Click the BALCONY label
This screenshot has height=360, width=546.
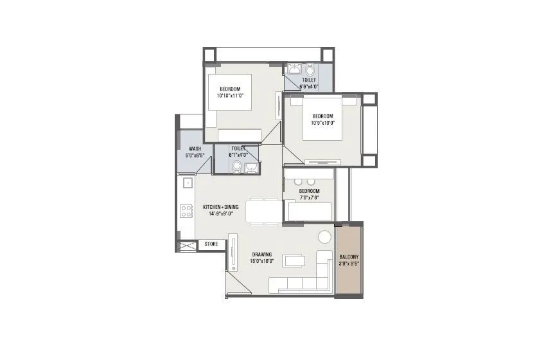coord(349,256)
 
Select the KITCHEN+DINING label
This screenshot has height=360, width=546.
coord(220,206)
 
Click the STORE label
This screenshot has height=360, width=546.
coord(211,244)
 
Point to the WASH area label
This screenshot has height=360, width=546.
coord(195,148)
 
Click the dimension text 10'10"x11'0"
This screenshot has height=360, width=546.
coord(230,95)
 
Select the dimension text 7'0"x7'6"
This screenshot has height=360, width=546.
coord(309,198)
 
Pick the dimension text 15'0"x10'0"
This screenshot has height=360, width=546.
coord(263,261)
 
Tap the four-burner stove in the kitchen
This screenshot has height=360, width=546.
coord(187,211)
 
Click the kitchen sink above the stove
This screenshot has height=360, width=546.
coord(187,183)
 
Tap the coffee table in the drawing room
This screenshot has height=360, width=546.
coord(294,261)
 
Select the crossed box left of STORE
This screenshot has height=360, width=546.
coord(187,245)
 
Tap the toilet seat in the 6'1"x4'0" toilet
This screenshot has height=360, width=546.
coord(237,168)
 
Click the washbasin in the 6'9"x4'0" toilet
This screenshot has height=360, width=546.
coord(295,69)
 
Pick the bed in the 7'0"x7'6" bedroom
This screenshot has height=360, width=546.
coord(309,211)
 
